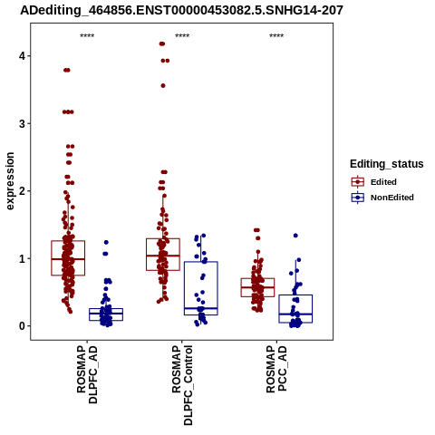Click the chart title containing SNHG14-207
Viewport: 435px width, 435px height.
click(181, 10)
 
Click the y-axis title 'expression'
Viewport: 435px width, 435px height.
click(10, 181)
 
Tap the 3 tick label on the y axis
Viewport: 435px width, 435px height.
click(22, 123)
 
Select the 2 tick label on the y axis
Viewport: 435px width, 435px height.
click(22, 191)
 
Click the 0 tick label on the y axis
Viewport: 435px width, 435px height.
click(22, 326)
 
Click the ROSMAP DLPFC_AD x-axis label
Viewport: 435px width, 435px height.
click(87, 374)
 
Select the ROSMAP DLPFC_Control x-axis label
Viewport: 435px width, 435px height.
click(182, 385)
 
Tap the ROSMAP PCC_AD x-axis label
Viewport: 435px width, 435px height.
click(276, 369)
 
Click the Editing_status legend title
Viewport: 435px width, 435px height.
click(387, 164)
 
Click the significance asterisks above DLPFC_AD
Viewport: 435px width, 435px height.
click(87, 36)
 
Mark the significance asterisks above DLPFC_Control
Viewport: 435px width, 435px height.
click(182, 36)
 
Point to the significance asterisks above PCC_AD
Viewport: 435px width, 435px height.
click(276, 36)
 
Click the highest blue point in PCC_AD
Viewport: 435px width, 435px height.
click(295, 236)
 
